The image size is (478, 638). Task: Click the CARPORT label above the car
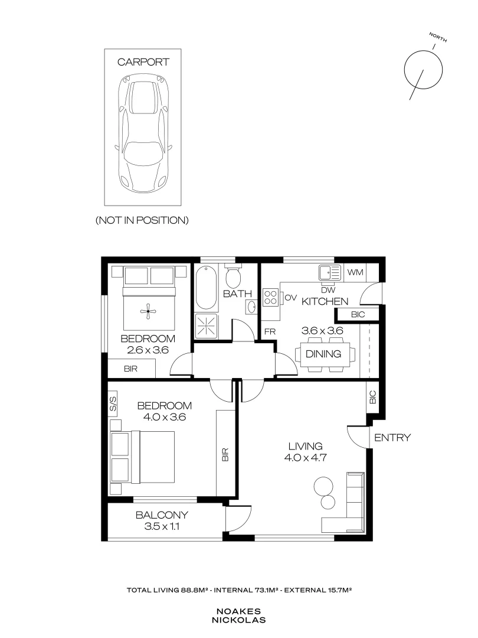coord(143,62)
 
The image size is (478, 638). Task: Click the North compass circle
coord(423,70)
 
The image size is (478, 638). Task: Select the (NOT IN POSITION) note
coord(142,220)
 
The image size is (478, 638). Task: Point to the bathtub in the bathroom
coord(206,287)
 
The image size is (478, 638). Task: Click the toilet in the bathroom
coord(233,276)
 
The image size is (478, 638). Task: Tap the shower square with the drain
coord(207,325)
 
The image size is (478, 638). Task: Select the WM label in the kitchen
coord(355,272)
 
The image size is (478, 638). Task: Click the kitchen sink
coord(330,272)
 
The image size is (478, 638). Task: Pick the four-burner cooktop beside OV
coord(271,297)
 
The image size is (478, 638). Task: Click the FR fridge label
coord(270,331)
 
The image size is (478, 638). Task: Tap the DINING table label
coord(323,354)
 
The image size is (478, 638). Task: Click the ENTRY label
coord(392,438)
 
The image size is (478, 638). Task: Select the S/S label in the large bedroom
coord(113,403)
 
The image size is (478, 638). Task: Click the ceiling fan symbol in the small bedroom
coord(149,312)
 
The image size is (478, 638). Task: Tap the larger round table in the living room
coord(323,486)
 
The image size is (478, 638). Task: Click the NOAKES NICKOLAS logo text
coord(238,616)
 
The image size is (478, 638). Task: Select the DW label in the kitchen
coord(328,290)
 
